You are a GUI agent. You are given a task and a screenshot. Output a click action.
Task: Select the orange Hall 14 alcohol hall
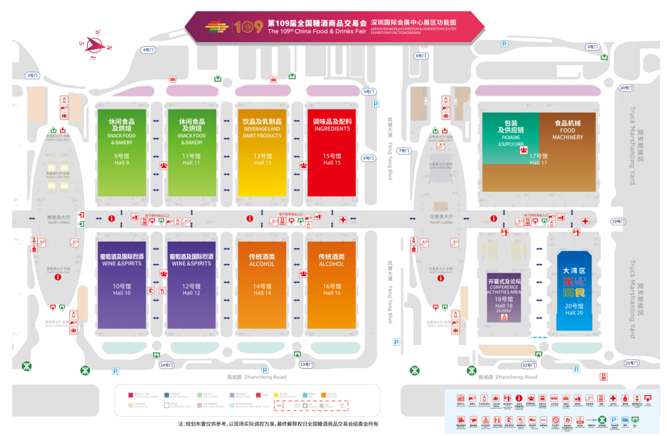(x=262, y=284)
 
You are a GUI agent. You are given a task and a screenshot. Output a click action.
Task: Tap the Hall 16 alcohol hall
(x=332, y=284)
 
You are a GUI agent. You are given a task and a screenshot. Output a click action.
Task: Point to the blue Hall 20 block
(x=574, y=291)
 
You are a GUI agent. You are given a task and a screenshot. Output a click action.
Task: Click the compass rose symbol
(x=94, y=45)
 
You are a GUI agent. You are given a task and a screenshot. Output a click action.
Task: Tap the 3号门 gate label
(x=32, y=75)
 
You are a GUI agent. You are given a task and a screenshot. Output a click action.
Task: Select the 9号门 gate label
(x=592, y=47)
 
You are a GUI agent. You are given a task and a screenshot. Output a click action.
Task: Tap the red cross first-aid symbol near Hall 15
(x=343, y=220)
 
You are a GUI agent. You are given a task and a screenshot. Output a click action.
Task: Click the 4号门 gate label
(x=148, y=49)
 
